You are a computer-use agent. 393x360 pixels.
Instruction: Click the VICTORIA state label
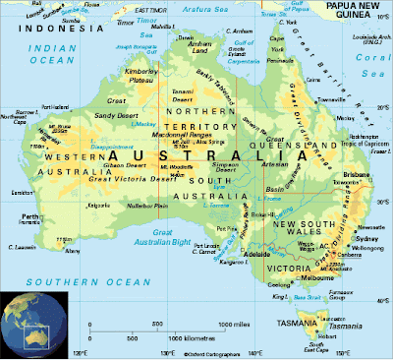point(286,267)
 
